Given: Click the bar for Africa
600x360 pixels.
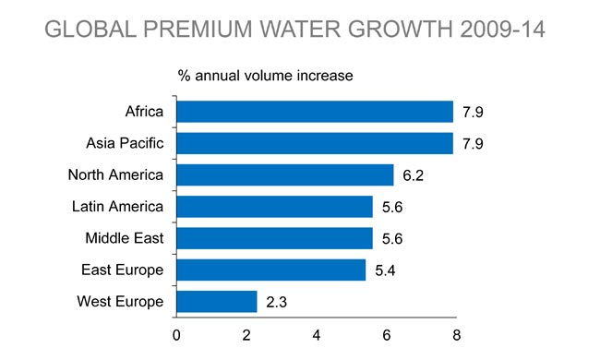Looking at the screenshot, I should [x=314, y=112].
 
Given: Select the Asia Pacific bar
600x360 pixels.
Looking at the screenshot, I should [x=314, y=143].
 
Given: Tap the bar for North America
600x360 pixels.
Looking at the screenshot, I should [x=284, y=174].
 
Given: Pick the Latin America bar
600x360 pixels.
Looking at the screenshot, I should [x=274, y=206].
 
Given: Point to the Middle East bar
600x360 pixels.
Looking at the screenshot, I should [x=274, y=238].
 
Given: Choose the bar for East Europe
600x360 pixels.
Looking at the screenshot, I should [x=270, y=270].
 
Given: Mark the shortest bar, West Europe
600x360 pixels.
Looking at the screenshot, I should [x=216, y=301].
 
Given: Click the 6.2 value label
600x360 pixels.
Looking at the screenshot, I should [x=414, y=175].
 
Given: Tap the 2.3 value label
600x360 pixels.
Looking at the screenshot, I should [x=277, y=302].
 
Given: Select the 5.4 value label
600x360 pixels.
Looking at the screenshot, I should [x=386, y=270].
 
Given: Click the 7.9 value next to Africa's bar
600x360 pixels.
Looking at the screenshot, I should [x=474, y=113].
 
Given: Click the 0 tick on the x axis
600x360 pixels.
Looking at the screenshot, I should [x=175, y=333].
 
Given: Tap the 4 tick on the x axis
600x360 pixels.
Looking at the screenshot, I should [x=317, y=333].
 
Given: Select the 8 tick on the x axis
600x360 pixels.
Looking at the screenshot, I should [x=456, y=333].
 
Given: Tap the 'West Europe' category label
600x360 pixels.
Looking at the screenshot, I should [x=120, y=301].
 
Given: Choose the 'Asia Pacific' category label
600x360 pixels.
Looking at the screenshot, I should [x=125, y=143].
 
